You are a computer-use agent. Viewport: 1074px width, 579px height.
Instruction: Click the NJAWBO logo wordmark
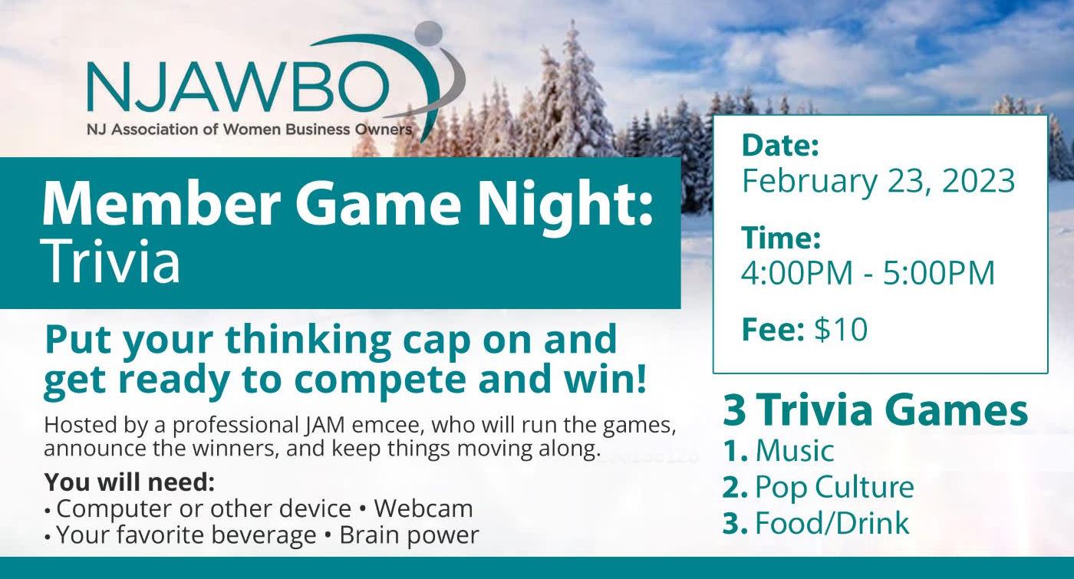click(x=238, y=87)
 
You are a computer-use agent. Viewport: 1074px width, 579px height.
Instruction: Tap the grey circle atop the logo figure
click(x=428, y=34)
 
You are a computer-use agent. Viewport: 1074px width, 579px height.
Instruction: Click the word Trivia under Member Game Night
click(x=112, y=262)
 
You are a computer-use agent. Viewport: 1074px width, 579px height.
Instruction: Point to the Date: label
click(x=780, y=145)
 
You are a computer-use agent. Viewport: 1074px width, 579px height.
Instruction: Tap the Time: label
click(x=781, y=238)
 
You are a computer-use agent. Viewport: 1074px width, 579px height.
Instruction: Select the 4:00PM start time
click(x=797, y=273)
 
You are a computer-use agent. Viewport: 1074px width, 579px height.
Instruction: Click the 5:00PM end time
click(x=939, y=273)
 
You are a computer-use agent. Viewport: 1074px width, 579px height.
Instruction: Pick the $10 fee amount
click(x=841, y=329)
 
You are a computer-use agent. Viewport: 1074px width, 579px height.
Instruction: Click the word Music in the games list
click(x=795, y=451)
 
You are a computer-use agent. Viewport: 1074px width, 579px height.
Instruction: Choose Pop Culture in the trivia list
click(x=835, y=488)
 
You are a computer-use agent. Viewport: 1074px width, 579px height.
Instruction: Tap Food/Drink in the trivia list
click(x=832, y=523)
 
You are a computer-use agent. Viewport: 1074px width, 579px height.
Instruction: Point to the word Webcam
click(x=423, y=508)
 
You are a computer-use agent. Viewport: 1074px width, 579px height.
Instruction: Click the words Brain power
click(x=409, y=535)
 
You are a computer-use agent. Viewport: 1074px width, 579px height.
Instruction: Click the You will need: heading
click(x=130, y=482)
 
